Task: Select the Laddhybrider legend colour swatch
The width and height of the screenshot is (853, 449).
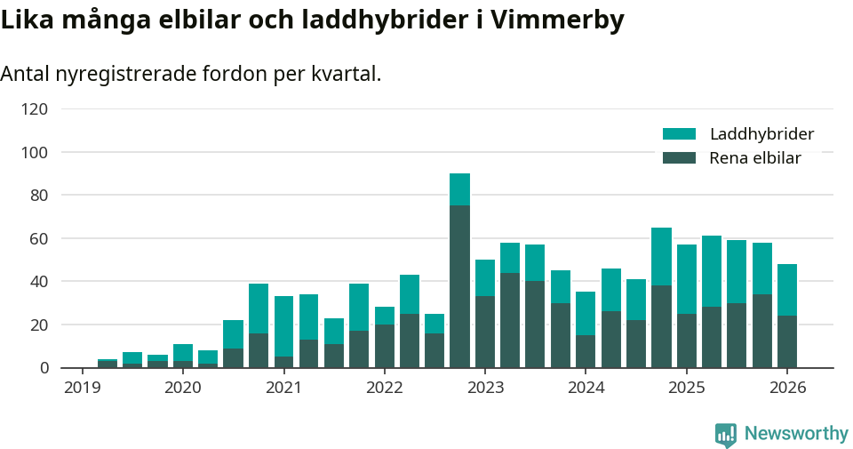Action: tap(679, 134)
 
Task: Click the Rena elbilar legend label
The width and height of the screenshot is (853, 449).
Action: tap(755, 158)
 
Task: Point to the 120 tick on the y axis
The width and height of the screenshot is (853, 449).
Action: tap(35, 109)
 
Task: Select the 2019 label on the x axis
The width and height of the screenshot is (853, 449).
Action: tap(82, 388)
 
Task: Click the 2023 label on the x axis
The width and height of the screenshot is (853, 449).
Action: tap(485, 388)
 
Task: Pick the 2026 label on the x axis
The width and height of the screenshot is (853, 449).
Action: tap(787, 388)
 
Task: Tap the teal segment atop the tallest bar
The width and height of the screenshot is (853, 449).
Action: tap(459, 189)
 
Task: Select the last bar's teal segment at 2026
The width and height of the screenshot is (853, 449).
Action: tap(787, 290)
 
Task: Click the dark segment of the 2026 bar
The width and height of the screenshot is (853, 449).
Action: tap(787, 341)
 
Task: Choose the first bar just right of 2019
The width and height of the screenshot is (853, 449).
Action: tap(108, 363)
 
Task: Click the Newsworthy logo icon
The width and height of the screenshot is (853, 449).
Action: tap(726, 434)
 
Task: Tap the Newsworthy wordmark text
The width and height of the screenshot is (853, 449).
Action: tap(796, 434)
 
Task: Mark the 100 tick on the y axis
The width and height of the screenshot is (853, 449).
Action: tap(35, 153)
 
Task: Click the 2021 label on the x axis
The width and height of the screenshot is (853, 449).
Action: tap(283, 388)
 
